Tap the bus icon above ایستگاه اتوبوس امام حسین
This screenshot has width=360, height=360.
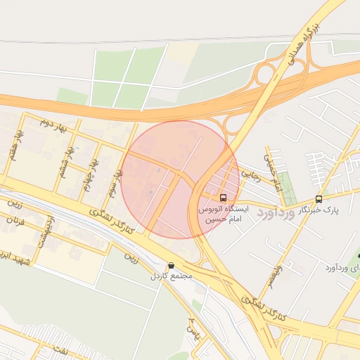[223, 198]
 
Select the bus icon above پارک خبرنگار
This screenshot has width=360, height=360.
[319, 199]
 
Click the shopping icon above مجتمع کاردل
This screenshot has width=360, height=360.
[171, 266]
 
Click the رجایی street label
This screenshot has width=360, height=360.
[250, 172]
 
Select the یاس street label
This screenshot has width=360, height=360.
[193, 328]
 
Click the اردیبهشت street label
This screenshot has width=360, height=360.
[45, 233]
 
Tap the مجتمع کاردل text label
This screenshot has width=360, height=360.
[171, 276]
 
